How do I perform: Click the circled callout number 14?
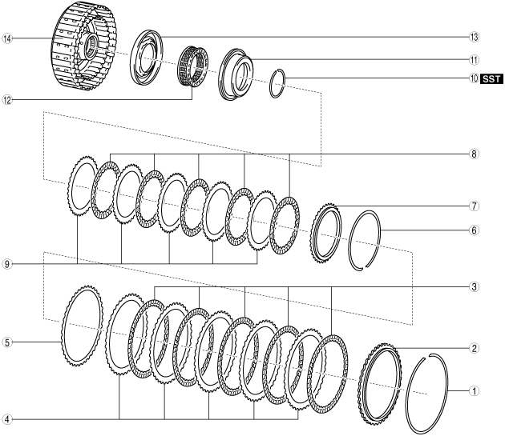[7, 39]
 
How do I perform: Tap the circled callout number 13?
[474, 37]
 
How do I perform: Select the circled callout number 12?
[7, 100]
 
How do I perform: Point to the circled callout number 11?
[474, 60]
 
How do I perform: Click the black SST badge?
[491, 78]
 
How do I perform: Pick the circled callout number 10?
[474, 78]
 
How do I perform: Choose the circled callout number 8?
[474, 154]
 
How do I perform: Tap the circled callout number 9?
[7, 264]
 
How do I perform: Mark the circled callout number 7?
[474, 206]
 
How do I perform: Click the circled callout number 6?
[474, 230]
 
